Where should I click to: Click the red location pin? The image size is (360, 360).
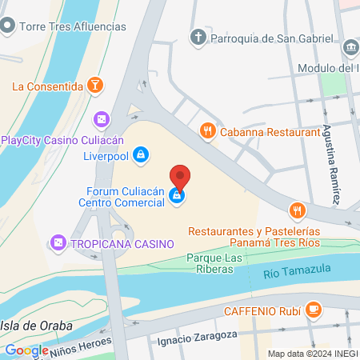pyautogui.click(x=181, y=175)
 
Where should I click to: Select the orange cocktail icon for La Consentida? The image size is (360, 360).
pyautogui.click(x=95, y=85)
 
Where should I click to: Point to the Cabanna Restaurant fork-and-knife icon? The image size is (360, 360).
pyautogui.click(x=207, y=130)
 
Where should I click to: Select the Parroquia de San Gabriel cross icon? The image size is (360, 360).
pyautogui.click(x=198, y=36)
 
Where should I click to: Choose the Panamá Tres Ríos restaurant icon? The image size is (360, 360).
pyautogui.click(x=298, y=210)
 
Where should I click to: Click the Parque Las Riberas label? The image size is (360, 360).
pyautogui.click(x=214, y=263)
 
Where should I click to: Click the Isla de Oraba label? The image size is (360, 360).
pyautogui.click(x=36, y=326)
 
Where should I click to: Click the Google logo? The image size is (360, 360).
pyautogui.click(x=26, y=350)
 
